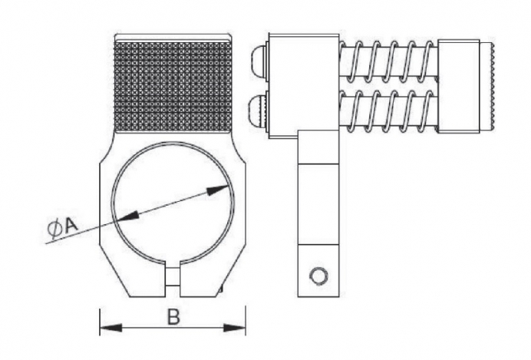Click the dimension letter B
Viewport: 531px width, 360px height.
point(173,318)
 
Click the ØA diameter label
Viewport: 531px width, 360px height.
point(63,226)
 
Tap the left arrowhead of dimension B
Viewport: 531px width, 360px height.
point(110,328)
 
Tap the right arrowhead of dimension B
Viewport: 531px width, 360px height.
point(234,328)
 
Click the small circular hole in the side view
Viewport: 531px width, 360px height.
point(318,276)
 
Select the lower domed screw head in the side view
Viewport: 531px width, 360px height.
point(259,111)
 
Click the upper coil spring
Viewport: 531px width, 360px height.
point(389,61)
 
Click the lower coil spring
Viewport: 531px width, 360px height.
point(389,111)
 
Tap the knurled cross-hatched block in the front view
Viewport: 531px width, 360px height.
point(173,87)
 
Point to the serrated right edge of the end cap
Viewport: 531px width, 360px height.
point(493,87)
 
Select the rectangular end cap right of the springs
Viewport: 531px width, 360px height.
point(459,87)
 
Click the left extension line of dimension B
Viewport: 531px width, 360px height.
point(100,322)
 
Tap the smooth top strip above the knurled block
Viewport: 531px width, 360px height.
point(173,38)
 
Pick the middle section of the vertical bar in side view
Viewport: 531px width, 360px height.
point(318,204)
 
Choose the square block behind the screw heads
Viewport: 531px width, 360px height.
point(303,86)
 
